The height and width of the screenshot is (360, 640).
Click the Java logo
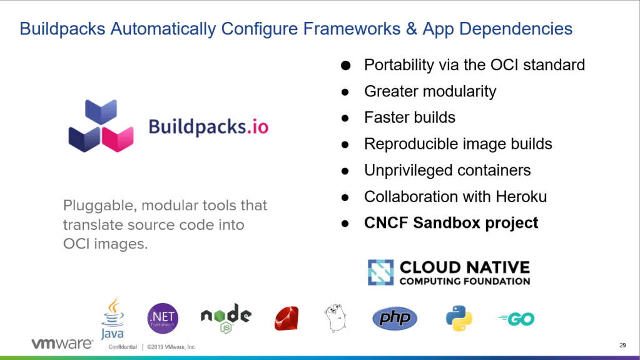pos(113,318)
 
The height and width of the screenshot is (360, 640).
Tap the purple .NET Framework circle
pos(163,318)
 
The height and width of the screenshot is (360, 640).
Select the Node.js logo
pos(226,318)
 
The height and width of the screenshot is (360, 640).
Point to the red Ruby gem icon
pos(287,318)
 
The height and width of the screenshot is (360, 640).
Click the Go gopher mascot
pos(335,318)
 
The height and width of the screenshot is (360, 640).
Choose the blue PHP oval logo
pos(395,318)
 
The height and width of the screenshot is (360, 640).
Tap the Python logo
pos(459,318)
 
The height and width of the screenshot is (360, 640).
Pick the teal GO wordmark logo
pos(517,319)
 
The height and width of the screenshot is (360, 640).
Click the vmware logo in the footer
pos(63,344)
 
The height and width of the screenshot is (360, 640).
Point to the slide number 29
pos(622,346)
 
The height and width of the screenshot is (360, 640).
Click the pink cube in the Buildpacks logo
pos(118,139)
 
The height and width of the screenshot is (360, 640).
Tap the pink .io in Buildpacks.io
pos(258,126)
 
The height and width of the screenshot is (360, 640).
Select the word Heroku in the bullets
pos(521,197)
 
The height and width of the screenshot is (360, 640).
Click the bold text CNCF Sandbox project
pos(451,223)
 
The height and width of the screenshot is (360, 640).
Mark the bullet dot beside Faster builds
pos(345,118)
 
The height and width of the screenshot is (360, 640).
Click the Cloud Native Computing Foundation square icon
pos(381,272)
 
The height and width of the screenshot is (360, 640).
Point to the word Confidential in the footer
pos(123,347)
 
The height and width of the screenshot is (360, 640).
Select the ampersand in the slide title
pos(411,29)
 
